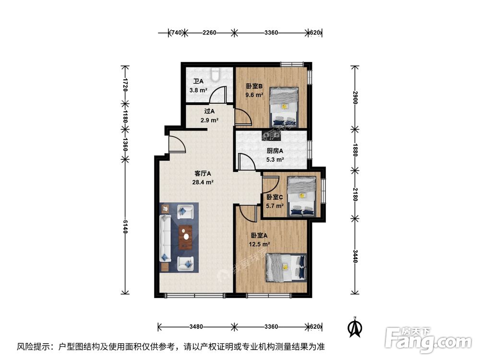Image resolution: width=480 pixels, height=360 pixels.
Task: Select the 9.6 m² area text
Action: tap(254, 95)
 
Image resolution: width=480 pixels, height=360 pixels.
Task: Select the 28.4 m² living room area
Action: tap(203, 182)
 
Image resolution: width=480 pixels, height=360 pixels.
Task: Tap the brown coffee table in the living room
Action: tap(185, 237)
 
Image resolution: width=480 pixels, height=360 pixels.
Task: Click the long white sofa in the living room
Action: tap(166, 238)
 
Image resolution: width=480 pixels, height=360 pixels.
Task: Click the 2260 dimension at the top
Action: tap(209, 33)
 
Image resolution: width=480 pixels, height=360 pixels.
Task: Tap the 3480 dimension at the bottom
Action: tap(196, 326)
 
